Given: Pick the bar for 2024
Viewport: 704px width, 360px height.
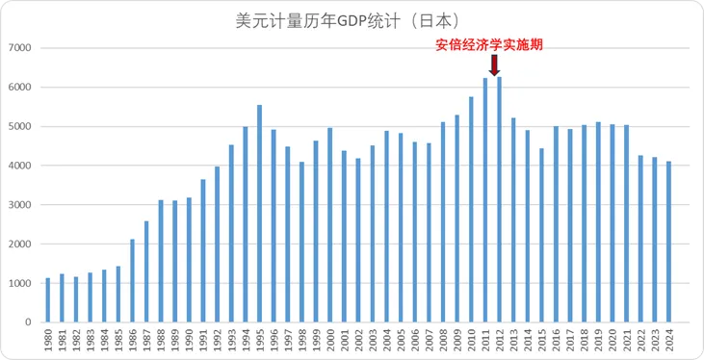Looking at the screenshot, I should pos(668,242).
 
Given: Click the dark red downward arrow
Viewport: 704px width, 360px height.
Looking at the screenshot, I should pos(494,65).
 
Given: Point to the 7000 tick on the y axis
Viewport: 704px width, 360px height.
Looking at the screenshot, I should pos(19,48).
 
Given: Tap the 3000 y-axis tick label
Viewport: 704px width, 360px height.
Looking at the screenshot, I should pos(19,205).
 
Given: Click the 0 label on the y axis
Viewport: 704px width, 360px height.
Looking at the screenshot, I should pos(29,322).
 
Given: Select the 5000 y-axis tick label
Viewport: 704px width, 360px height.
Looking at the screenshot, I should pos(19,126).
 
